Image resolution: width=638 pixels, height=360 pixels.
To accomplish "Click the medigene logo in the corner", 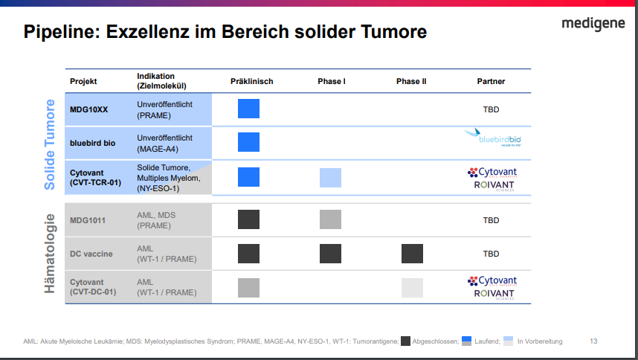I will tap(593, 25).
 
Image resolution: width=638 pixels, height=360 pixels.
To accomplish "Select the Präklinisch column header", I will tap(251, 81).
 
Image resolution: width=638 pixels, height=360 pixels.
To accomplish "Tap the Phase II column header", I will tap(411, 81).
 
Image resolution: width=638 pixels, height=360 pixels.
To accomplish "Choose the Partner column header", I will tap(491, 81).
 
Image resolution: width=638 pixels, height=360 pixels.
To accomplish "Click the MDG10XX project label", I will tap(88, 109).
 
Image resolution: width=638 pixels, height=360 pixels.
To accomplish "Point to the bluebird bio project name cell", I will tap(93, 143).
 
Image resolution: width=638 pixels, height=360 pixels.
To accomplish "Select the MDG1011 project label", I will tap(88, 220).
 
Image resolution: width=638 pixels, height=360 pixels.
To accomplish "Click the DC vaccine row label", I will tap(91, 254).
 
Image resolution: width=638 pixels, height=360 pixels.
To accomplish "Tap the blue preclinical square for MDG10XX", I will tap(248, 109).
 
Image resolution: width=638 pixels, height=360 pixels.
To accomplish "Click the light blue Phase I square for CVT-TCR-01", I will tap(330, 177).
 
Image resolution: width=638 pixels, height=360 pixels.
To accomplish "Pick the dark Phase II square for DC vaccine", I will tap(412, 254).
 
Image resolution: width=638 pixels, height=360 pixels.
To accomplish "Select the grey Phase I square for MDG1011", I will tap(330, 219).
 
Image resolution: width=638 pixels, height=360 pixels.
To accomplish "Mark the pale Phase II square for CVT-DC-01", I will tap(412, 288).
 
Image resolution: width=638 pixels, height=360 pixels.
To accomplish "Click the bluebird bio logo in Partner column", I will tap(492, 138).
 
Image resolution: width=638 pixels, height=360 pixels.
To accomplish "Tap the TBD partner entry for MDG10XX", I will tap(491, 109).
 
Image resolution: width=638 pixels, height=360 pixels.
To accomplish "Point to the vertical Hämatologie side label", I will tap(50, 253).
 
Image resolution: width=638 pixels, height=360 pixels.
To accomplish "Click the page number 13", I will tap(593, 341).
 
